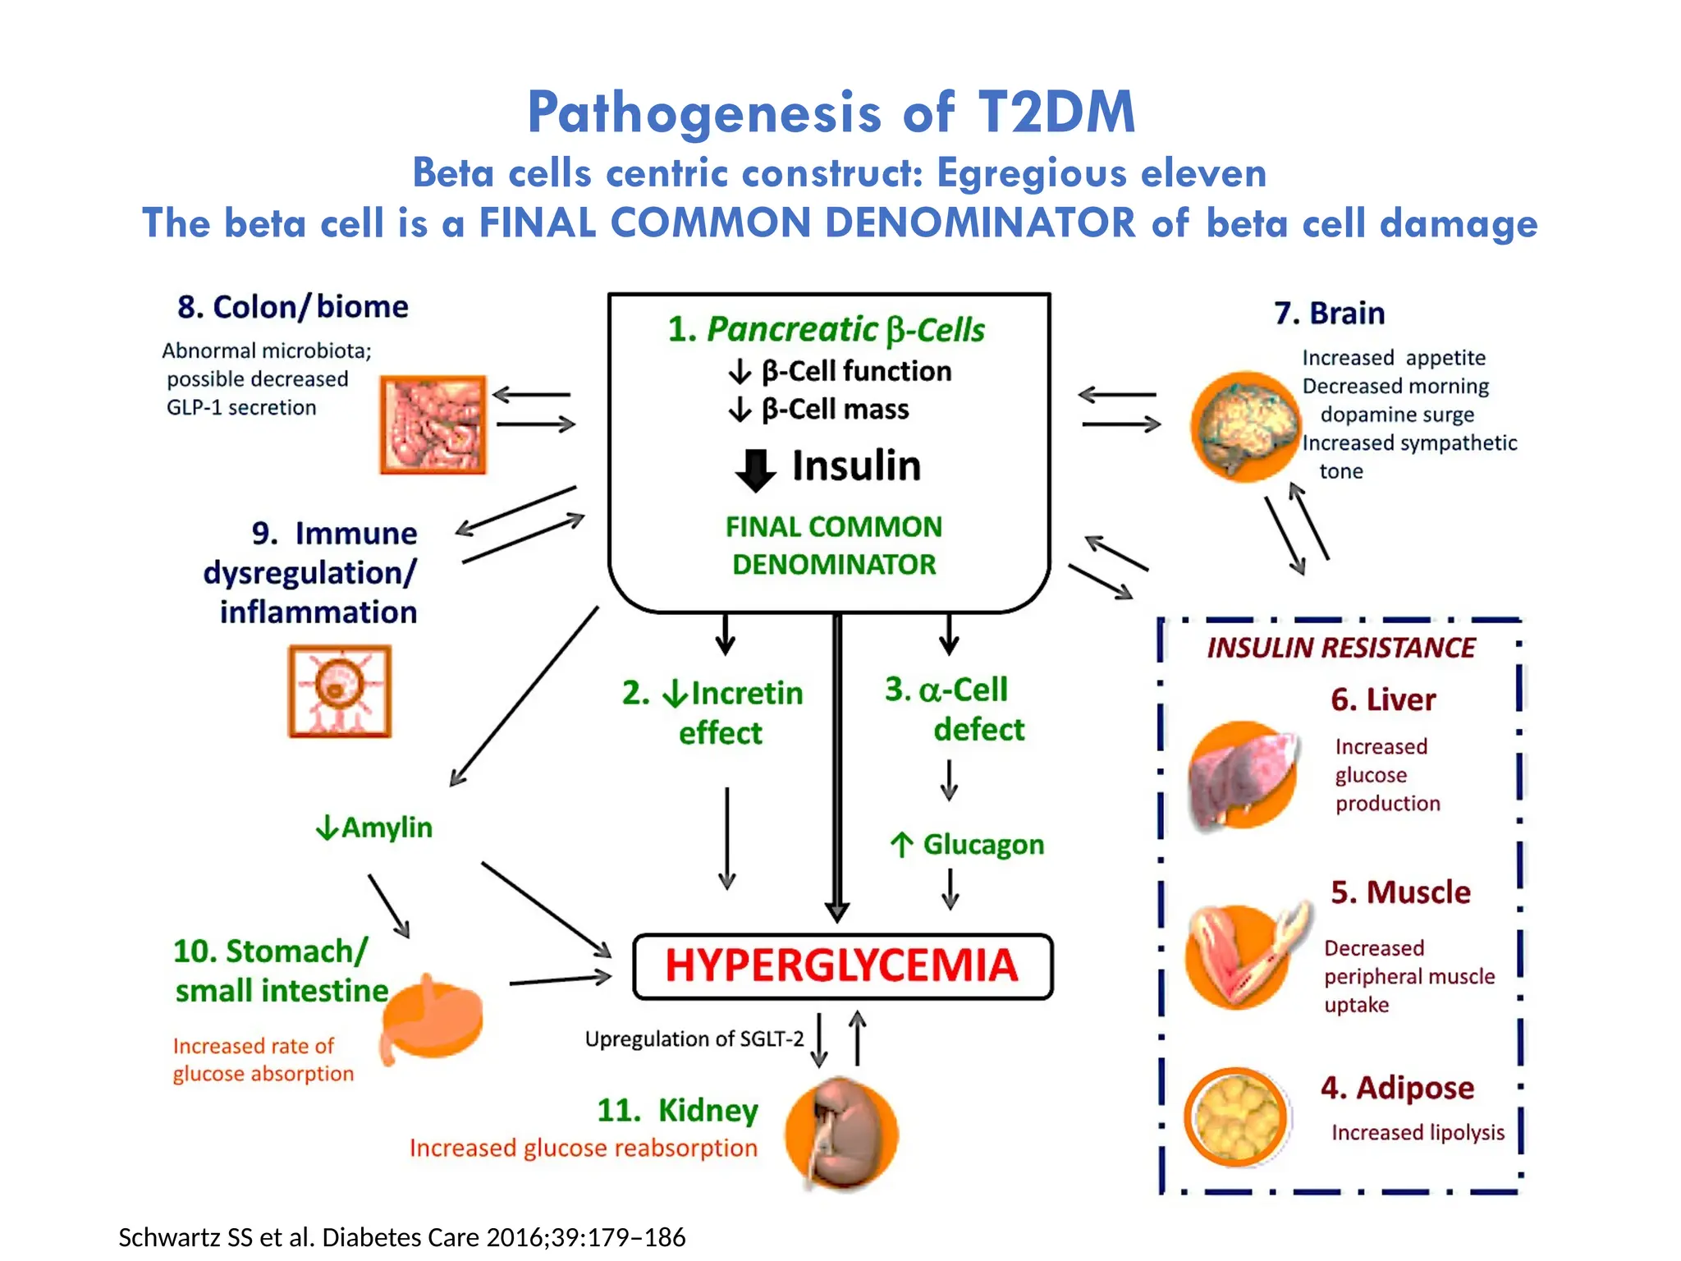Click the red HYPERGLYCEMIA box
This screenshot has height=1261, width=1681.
point(842,966)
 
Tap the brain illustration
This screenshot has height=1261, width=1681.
point(1244,425)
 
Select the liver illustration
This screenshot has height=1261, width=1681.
point(1241,777)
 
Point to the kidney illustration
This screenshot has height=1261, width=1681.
point(840,1133)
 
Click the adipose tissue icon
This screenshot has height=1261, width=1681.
point(1235,1117)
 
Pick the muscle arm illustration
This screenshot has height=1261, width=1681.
point(1239,956)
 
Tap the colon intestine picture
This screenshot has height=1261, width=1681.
point(433,424)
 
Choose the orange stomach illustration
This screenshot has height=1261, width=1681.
point(433,1018)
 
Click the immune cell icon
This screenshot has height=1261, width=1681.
point(340,691)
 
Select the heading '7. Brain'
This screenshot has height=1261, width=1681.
point(1329,314)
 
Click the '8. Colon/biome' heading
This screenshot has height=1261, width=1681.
point(293,307)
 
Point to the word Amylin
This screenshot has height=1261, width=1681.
point(386,828)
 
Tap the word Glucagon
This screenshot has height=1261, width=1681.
point(982,845)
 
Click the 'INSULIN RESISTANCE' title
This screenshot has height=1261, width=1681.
point(1340,648)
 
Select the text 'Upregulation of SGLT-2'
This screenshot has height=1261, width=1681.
point(694,1039)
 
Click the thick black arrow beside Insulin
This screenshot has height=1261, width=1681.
point(754,469)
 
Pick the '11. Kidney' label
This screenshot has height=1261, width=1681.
point(678,1110)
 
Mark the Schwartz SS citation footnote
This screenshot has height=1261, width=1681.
point(401,1237)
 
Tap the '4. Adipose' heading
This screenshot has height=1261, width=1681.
point(1397,1088)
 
